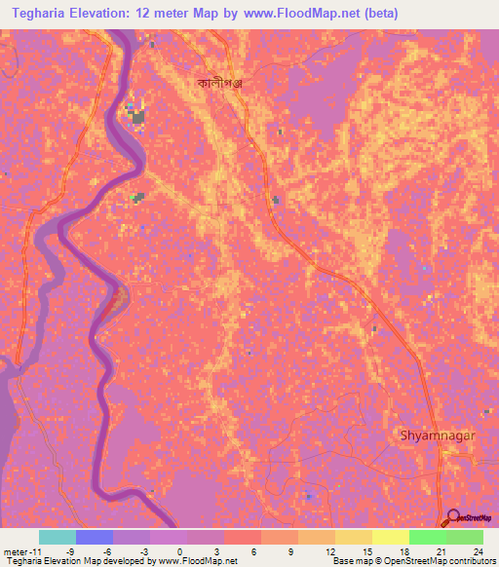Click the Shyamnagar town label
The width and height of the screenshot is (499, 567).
coord(437,435)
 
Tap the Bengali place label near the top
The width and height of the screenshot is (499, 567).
coord(219,84)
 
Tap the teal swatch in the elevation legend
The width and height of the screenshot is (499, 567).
coord(58,537)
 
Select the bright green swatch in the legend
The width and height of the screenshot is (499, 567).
coord(427,537)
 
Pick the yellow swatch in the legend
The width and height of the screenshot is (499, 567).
coord(390,537)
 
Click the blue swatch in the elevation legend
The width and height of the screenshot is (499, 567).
coord(95,537)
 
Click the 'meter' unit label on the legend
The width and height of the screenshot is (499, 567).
coord(17,550)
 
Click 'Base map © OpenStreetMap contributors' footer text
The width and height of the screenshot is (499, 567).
coord(412,561)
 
